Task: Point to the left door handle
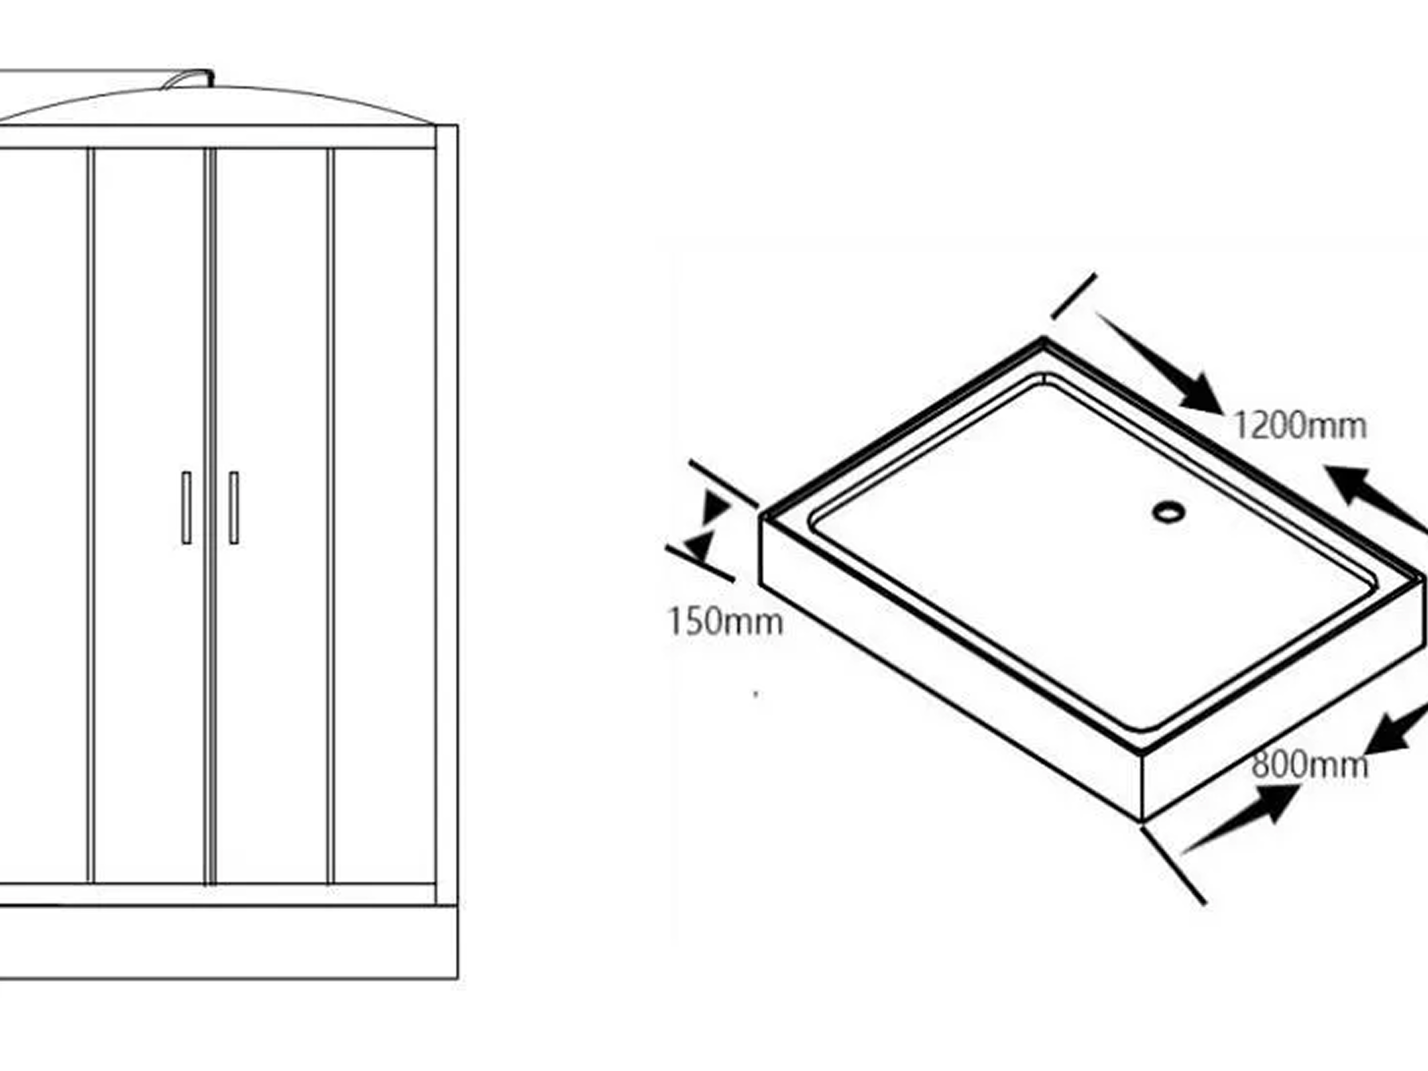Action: (x=187, y=508)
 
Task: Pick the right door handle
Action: (x=234, y=508)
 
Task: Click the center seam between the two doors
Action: (x=210, y=516)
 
